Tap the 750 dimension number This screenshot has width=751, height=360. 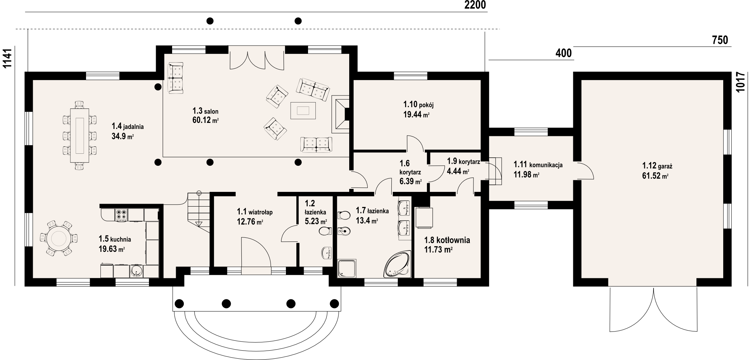point(720,40)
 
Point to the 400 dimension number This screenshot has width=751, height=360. point(564,53)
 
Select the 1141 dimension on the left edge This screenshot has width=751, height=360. point(7,58)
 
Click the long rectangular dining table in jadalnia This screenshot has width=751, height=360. point(80,135)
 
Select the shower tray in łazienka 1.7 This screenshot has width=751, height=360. point(348,268)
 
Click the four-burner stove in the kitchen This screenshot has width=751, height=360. point(121,214)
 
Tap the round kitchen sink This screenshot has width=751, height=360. point(136,271)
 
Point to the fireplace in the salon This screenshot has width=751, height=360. point(340,114)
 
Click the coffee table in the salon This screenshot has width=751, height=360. point(303,111)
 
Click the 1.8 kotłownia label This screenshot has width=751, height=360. point(447,240)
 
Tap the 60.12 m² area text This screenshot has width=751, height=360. point(205,120)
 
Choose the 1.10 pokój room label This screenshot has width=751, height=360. point(419,104)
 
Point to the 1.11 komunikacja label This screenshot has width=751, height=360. point(538,164)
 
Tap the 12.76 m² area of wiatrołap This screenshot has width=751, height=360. point(250,221)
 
